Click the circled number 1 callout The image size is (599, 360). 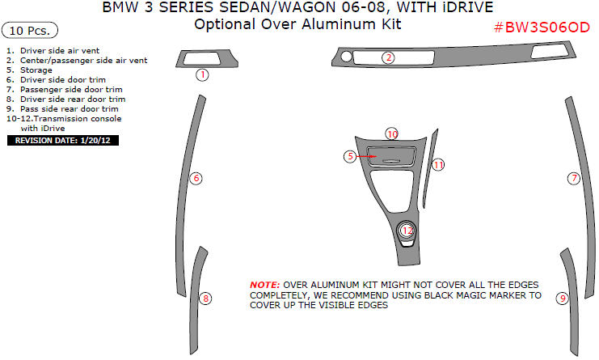[x=202, y=74]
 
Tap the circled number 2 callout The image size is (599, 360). [x=389, y=57]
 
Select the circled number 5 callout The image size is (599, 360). [x=350, y=155]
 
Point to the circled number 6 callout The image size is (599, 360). [x=196, y=178]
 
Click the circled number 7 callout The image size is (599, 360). [x=574, y=178]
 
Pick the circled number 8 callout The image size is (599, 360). [x=206, y=299]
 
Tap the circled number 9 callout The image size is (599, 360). [x=563, y=299]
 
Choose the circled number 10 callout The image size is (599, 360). [x=392, y=133]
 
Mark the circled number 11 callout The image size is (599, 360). [x=437, y=165]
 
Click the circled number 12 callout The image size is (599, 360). [x=407, y=231]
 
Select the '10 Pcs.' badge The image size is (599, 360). [x=31, y=32]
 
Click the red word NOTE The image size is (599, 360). [x=264, y=286]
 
